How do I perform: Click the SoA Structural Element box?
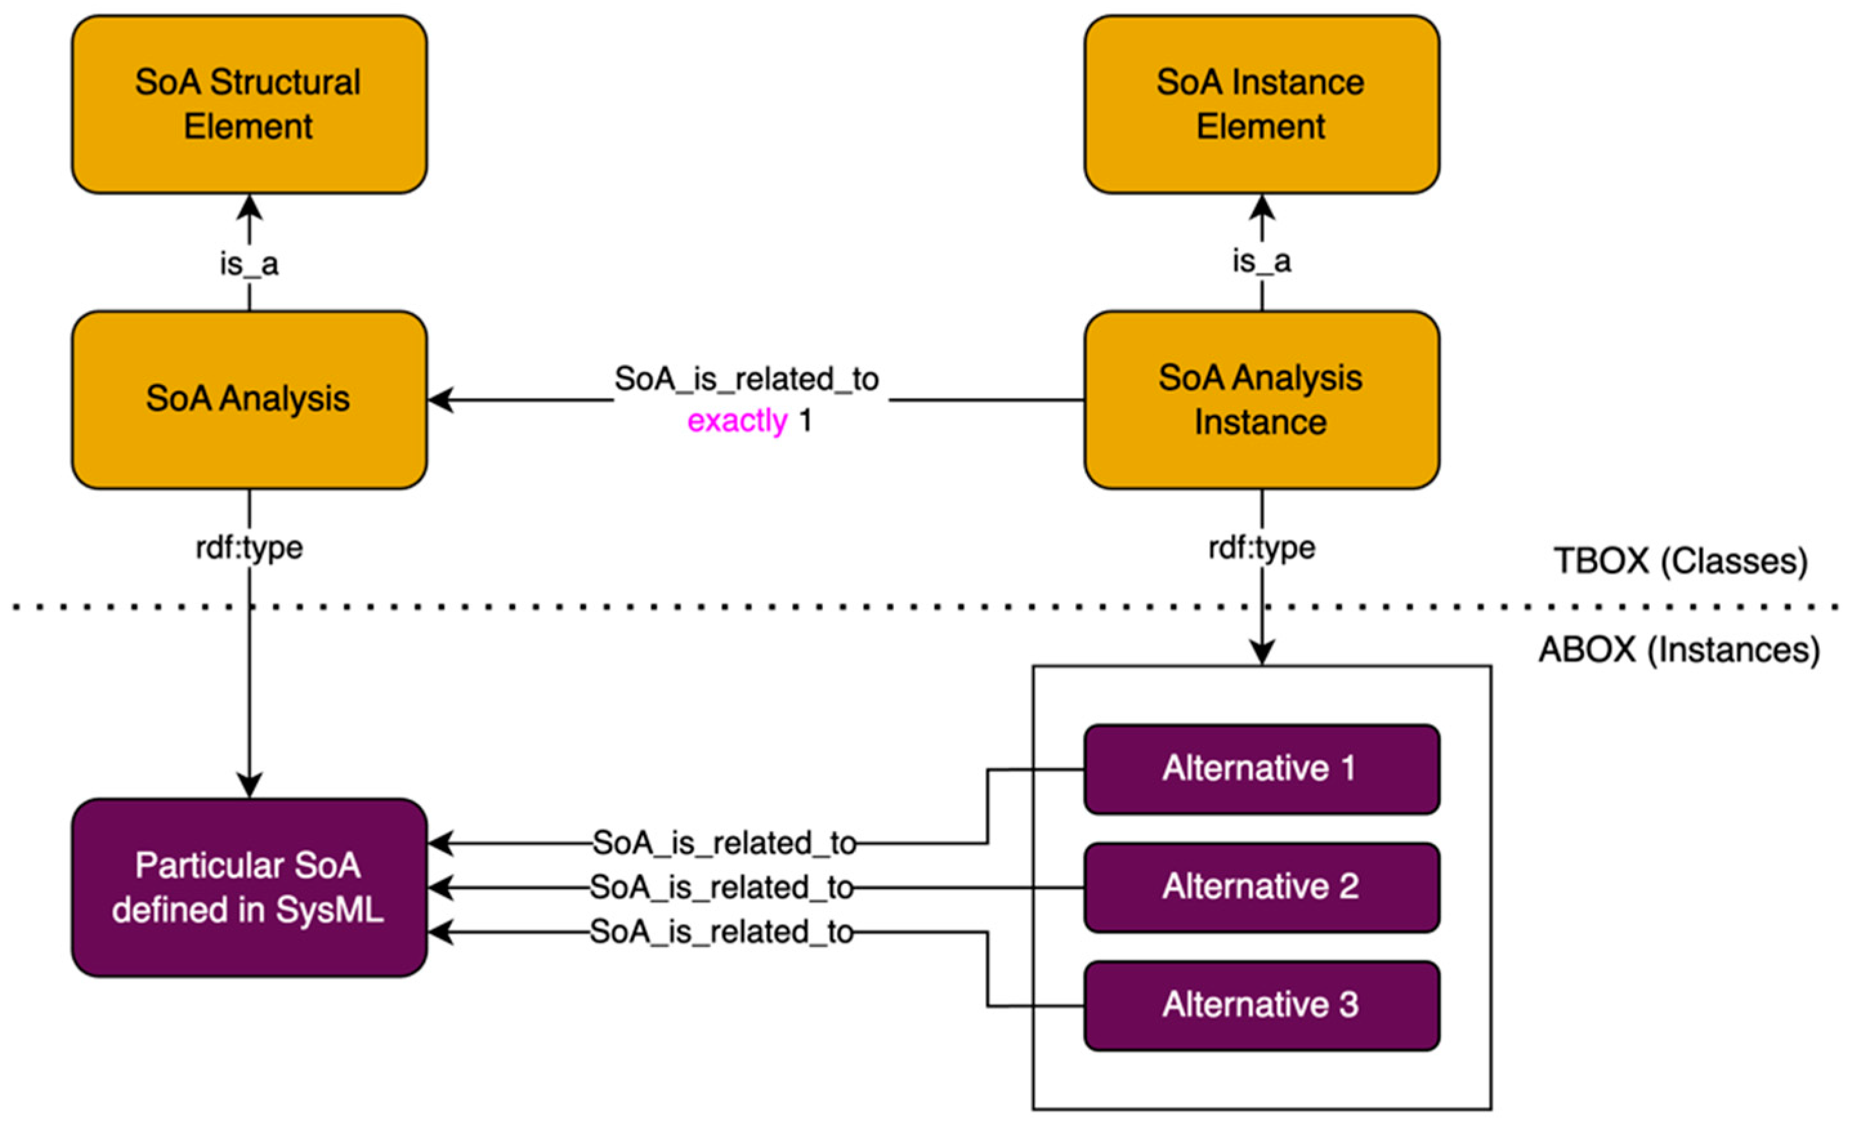click(249, 104)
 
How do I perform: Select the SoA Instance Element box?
click(1261, 104)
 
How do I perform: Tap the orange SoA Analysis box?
click(249, 400)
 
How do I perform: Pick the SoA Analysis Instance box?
click(1261, 400)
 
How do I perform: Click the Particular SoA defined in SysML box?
click(249, 888)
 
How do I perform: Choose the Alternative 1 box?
click(1261, 769)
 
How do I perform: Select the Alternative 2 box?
click(1261, 888)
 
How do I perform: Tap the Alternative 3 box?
click(1261, 1006)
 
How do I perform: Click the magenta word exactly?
click(737, 421)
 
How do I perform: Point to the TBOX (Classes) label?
click(1680, 561)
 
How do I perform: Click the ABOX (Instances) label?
click(1679, 650)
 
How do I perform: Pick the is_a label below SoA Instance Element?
click(1261, 261)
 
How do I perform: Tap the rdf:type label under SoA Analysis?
click(249, 547)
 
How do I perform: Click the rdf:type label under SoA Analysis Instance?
click(1261, 547)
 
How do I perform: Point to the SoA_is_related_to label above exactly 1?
click(747, 380)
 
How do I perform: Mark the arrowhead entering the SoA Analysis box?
click(440, 400)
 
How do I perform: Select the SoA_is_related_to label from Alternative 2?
click(722, 888)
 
